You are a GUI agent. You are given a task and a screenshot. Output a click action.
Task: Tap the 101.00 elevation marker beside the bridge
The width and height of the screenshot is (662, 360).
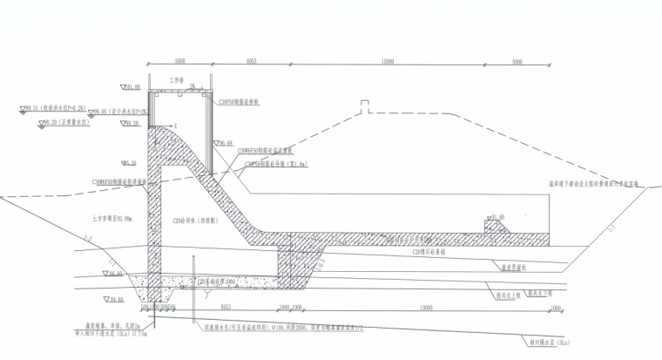[132, 88]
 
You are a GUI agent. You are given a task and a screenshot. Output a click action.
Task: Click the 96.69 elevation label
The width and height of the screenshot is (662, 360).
[226, 142]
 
